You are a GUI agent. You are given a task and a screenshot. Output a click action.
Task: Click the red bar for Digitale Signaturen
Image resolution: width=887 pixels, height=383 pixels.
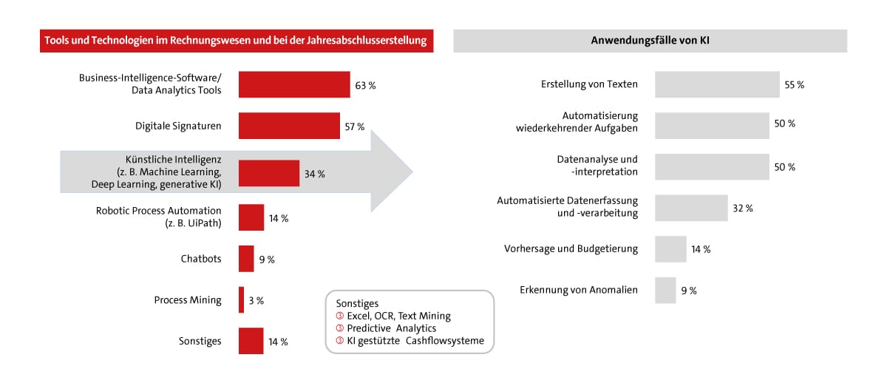click(289, 126)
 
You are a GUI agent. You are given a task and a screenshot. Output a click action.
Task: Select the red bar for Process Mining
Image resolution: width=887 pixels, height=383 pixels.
click(241, 300)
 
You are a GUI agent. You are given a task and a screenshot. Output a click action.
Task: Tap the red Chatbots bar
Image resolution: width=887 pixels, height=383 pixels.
click(246, 259)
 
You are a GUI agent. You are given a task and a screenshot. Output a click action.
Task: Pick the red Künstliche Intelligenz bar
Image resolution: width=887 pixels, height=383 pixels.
click(269, 174)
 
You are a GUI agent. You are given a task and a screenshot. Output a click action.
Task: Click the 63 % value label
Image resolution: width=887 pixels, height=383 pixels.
click(365, 85)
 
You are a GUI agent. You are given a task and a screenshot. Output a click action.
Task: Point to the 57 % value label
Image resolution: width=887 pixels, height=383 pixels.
click(355, 126)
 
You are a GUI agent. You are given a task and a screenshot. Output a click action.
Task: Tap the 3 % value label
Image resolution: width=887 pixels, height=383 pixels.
click(256, 300)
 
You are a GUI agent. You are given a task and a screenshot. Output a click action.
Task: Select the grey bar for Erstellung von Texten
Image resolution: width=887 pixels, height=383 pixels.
click(717, 84)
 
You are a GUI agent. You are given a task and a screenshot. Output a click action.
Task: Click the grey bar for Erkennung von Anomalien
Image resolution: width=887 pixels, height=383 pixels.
click(665, 290)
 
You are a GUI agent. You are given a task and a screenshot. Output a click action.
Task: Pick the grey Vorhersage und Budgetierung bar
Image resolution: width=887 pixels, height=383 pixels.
click(670, 249)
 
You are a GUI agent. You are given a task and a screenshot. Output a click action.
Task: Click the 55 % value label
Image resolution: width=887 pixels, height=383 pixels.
click(795, 84)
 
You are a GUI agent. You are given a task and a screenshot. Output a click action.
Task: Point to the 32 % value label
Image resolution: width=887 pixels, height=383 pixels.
click(743, 209)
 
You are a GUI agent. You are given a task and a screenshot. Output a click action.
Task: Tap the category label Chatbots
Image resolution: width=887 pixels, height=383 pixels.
click(201, 259)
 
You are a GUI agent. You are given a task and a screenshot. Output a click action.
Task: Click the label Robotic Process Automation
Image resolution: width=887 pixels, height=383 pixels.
click(158, 211)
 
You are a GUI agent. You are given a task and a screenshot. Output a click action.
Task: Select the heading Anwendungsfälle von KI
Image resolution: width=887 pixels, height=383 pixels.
click(650, 41)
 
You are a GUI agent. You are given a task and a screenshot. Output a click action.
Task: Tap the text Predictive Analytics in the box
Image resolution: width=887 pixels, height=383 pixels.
click(392, 328)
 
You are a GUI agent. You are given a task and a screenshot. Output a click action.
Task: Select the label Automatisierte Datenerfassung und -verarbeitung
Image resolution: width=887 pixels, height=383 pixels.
click(567, 207)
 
